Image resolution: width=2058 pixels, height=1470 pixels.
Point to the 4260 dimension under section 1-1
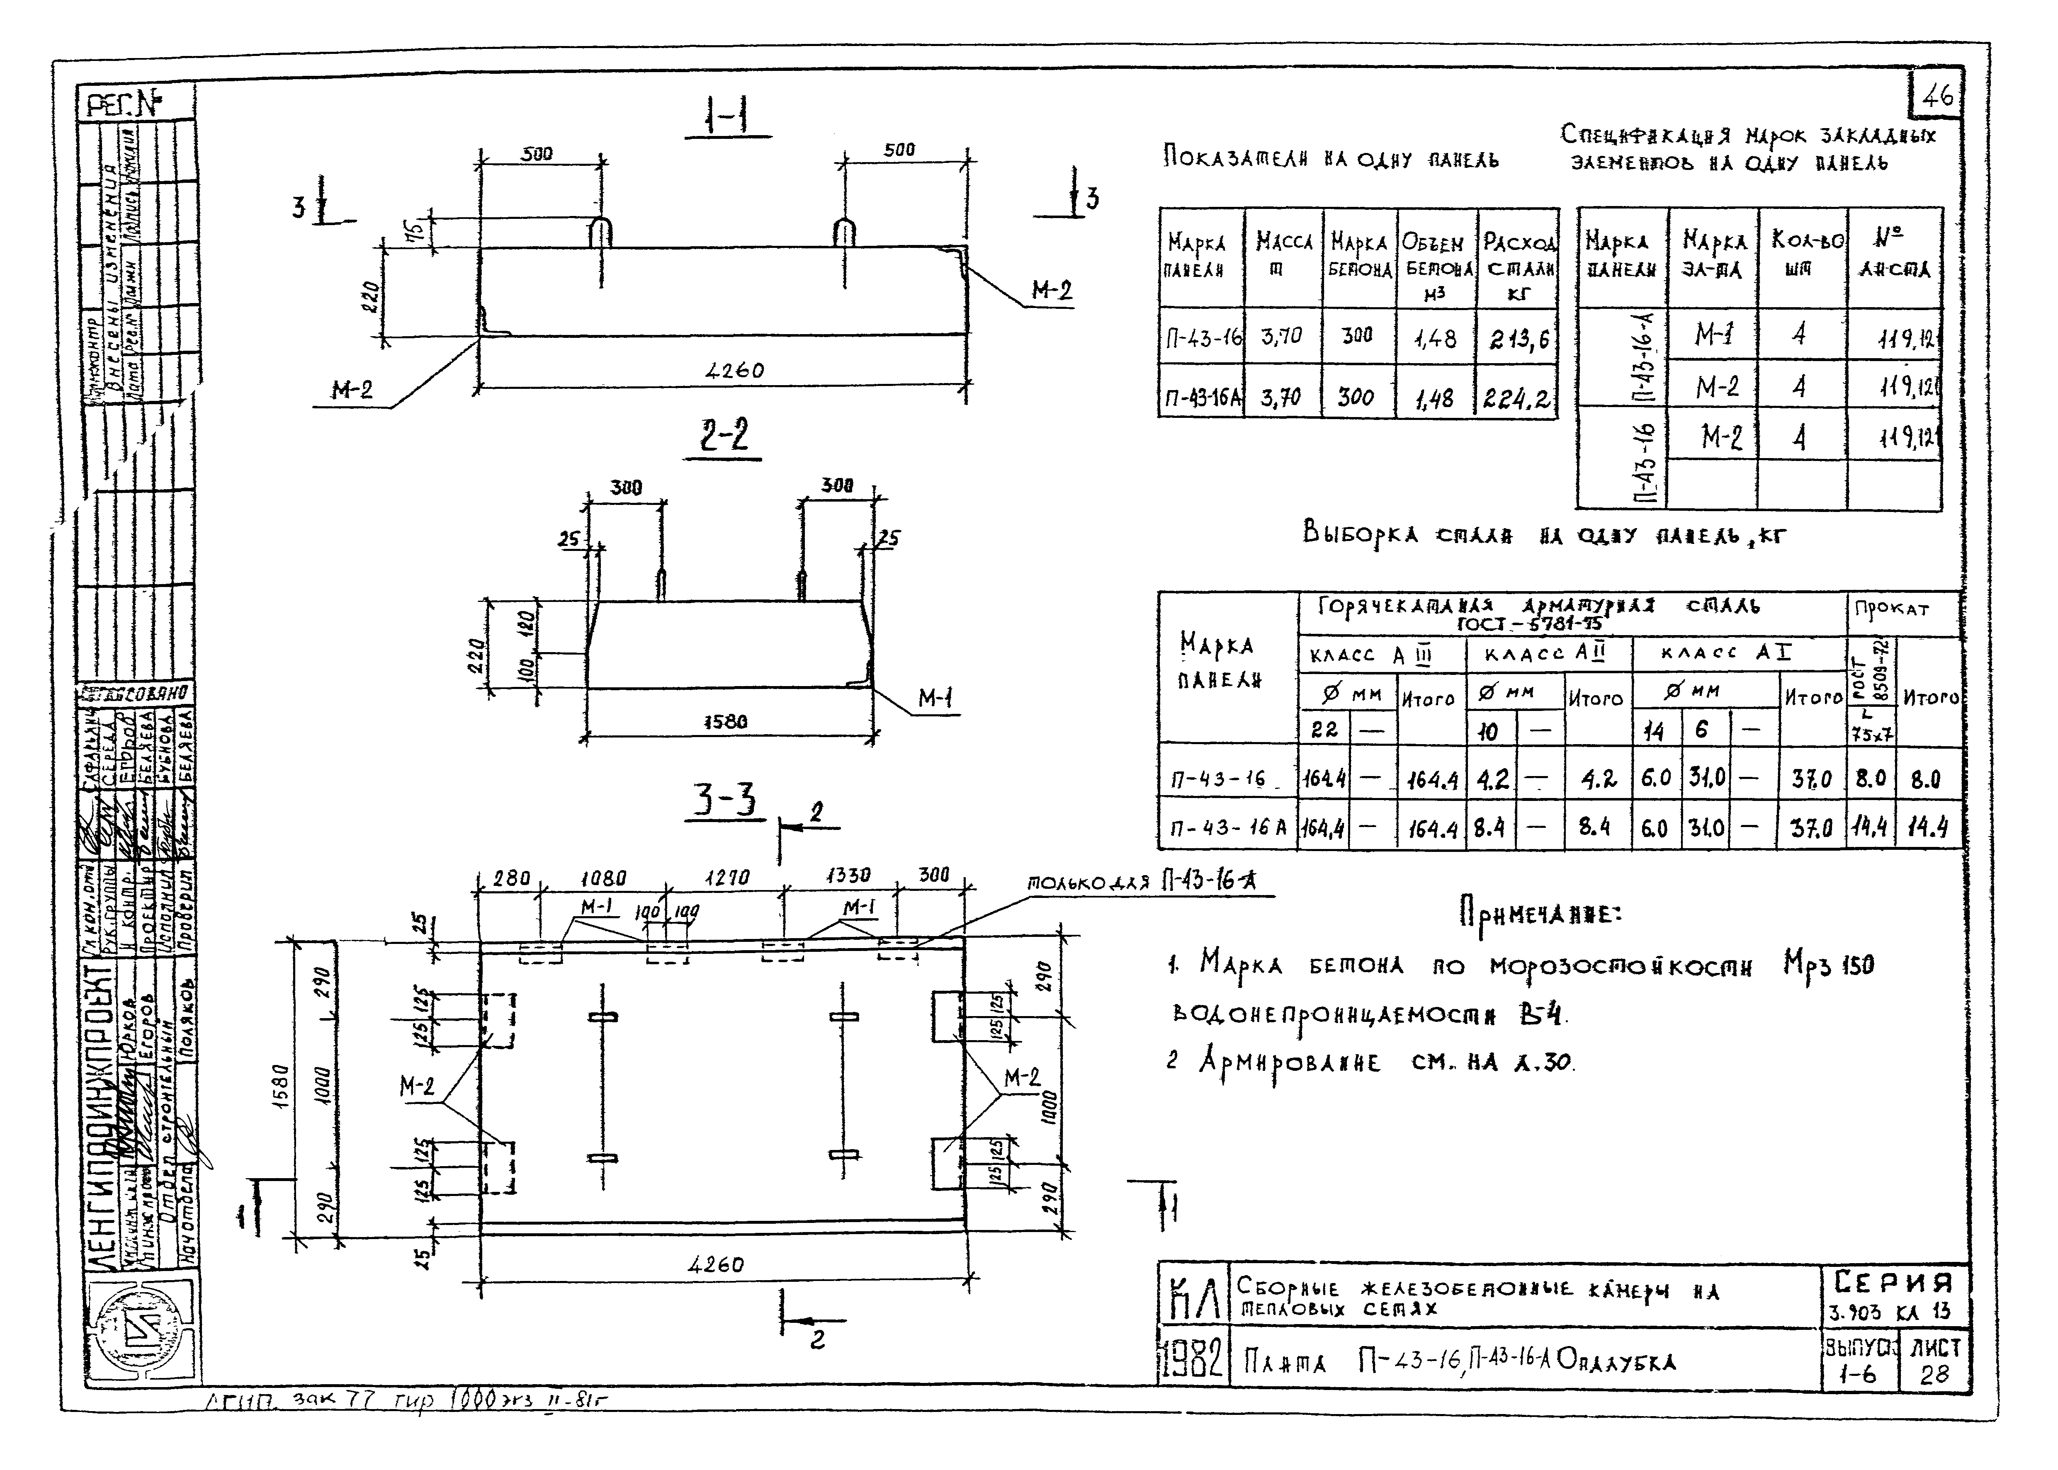point(734,370)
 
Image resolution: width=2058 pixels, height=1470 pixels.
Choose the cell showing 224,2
point(1519,398)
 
